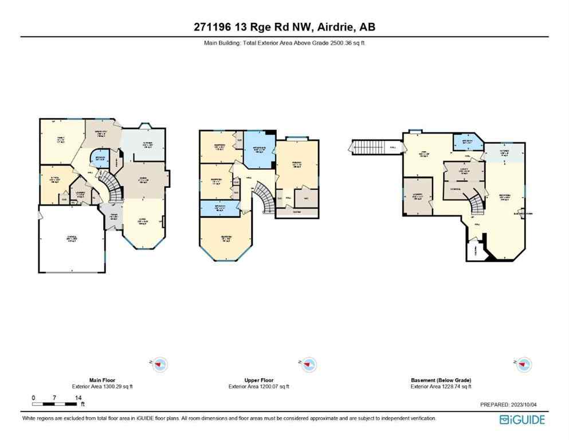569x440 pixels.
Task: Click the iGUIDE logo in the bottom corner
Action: (522, 420)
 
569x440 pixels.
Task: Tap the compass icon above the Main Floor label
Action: (160, 364)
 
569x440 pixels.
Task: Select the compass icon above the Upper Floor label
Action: (309, 364)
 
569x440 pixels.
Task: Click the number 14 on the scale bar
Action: (78, 398)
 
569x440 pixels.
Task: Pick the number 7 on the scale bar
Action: (54, 398)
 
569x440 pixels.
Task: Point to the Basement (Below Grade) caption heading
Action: (441, 380)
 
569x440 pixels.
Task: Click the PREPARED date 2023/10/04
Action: (527, 404)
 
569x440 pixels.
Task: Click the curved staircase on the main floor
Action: (111, 192)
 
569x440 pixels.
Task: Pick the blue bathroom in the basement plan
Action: (462, 140)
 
